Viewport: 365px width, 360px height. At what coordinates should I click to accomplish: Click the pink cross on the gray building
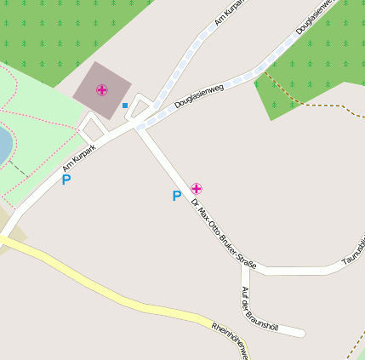102,89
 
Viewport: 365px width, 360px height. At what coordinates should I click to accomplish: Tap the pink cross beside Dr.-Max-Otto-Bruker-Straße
197,187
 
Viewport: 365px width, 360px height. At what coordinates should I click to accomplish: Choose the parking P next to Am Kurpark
66,180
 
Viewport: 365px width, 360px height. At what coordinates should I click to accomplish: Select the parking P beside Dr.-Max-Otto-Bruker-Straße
177,197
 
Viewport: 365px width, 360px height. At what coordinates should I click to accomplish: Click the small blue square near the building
125,106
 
